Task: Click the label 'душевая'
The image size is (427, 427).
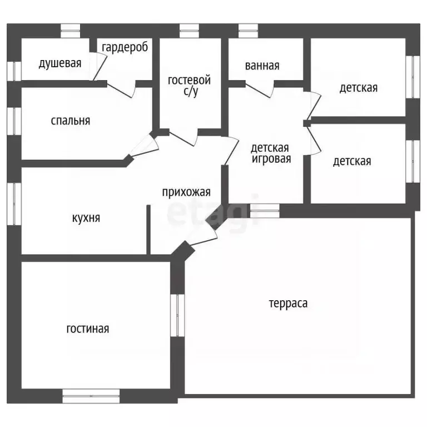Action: tap(60, 63)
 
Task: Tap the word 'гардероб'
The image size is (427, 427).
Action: tap(125, 47)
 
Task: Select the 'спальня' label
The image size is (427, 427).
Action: tap(71, 121)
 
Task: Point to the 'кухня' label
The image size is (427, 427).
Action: tap(86, 218)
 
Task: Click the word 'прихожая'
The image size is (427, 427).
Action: tap(186, 192)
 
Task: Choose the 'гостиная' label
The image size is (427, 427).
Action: tap(88, 329)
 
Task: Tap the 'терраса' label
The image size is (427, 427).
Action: tap(289, 304)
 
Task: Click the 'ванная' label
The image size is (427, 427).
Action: tap(262, 66)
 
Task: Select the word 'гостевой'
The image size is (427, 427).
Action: tap(189, 80)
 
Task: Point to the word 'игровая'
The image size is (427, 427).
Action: tap(271, 159)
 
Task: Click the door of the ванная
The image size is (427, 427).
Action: tap(260, 89)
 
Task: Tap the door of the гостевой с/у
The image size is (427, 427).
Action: tap(183, 138)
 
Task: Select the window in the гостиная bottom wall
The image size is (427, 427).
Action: tap(91, 396)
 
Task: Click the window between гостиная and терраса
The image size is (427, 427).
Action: tap(177, 315)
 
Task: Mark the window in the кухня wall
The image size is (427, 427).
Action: tap(14, 204)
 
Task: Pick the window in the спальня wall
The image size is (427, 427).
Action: tap(14, 121)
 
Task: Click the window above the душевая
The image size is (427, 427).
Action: tap(70, 31)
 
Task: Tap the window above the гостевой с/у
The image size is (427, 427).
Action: tap(189, 31)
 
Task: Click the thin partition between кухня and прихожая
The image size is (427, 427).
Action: tap(148, 230)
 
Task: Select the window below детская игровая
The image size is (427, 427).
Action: tap(265, 211)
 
